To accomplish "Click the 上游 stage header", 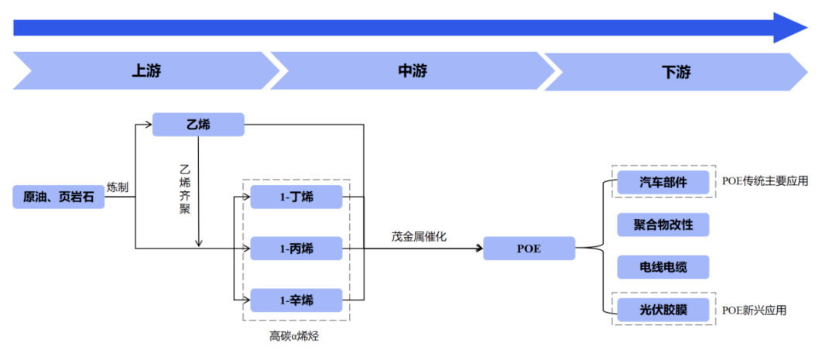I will (146, 72).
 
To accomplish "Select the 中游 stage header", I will (412, 72).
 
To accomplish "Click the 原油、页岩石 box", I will (58, 197).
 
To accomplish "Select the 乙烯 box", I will (198, 125).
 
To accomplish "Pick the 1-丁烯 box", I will (296, 197).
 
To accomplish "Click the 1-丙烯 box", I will (296, 249).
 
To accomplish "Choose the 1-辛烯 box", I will (296, 300).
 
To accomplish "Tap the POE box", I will (529, 249).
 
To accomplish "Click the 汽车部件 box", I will (663, 183).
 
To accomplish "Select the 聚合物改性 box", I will (663, 225).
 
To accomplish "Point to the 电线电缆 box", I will (663, 268).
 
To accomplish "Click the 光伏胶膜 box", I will (663, 310).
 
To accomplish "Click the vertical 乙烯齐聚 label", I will (184, 189).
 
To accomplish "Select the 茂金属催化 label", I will (419, 236).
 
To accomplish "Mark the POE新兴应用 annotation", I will (754, 310).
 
